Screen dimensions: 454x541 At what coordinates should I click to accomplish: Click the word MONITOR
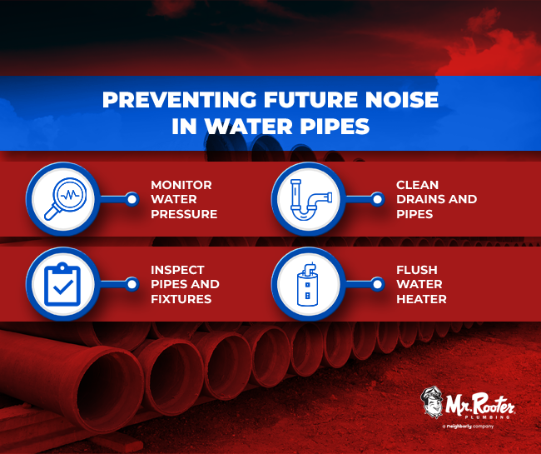point(182,184)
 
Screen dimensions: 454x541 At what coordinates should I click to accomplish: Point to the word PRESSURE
point(184,214)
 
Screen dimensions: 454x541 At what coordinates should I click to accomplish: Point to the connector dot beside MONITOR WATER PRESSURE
point(131,199)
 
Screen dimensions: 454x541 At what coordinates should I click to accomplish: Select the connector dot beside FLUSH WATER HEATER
point(376,283)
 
